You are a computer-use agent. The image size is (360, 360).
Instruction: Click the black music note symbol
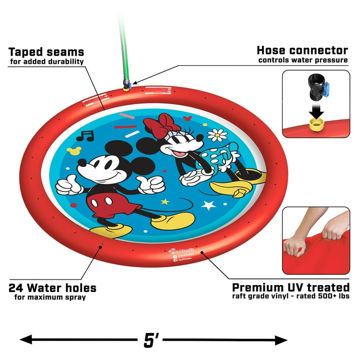tap(85, 136)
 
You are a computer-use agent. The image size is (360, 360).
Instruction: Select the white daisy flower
tap(217, 135)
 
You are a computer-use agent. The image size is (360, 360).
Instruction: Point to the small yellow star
tap(165, 202)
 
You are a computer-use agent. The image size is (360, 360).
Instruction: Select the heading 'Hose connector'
tap(302, 50)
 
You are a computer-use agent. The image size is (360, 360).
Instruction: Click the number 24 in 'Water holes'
tap(18, 287)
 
